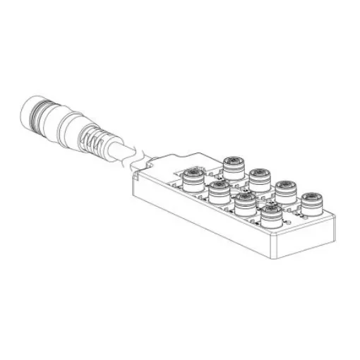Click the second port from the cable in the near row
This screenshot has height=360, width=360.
(218, 188)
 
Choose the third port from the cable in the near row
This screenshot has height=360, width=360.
(244, 202)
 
